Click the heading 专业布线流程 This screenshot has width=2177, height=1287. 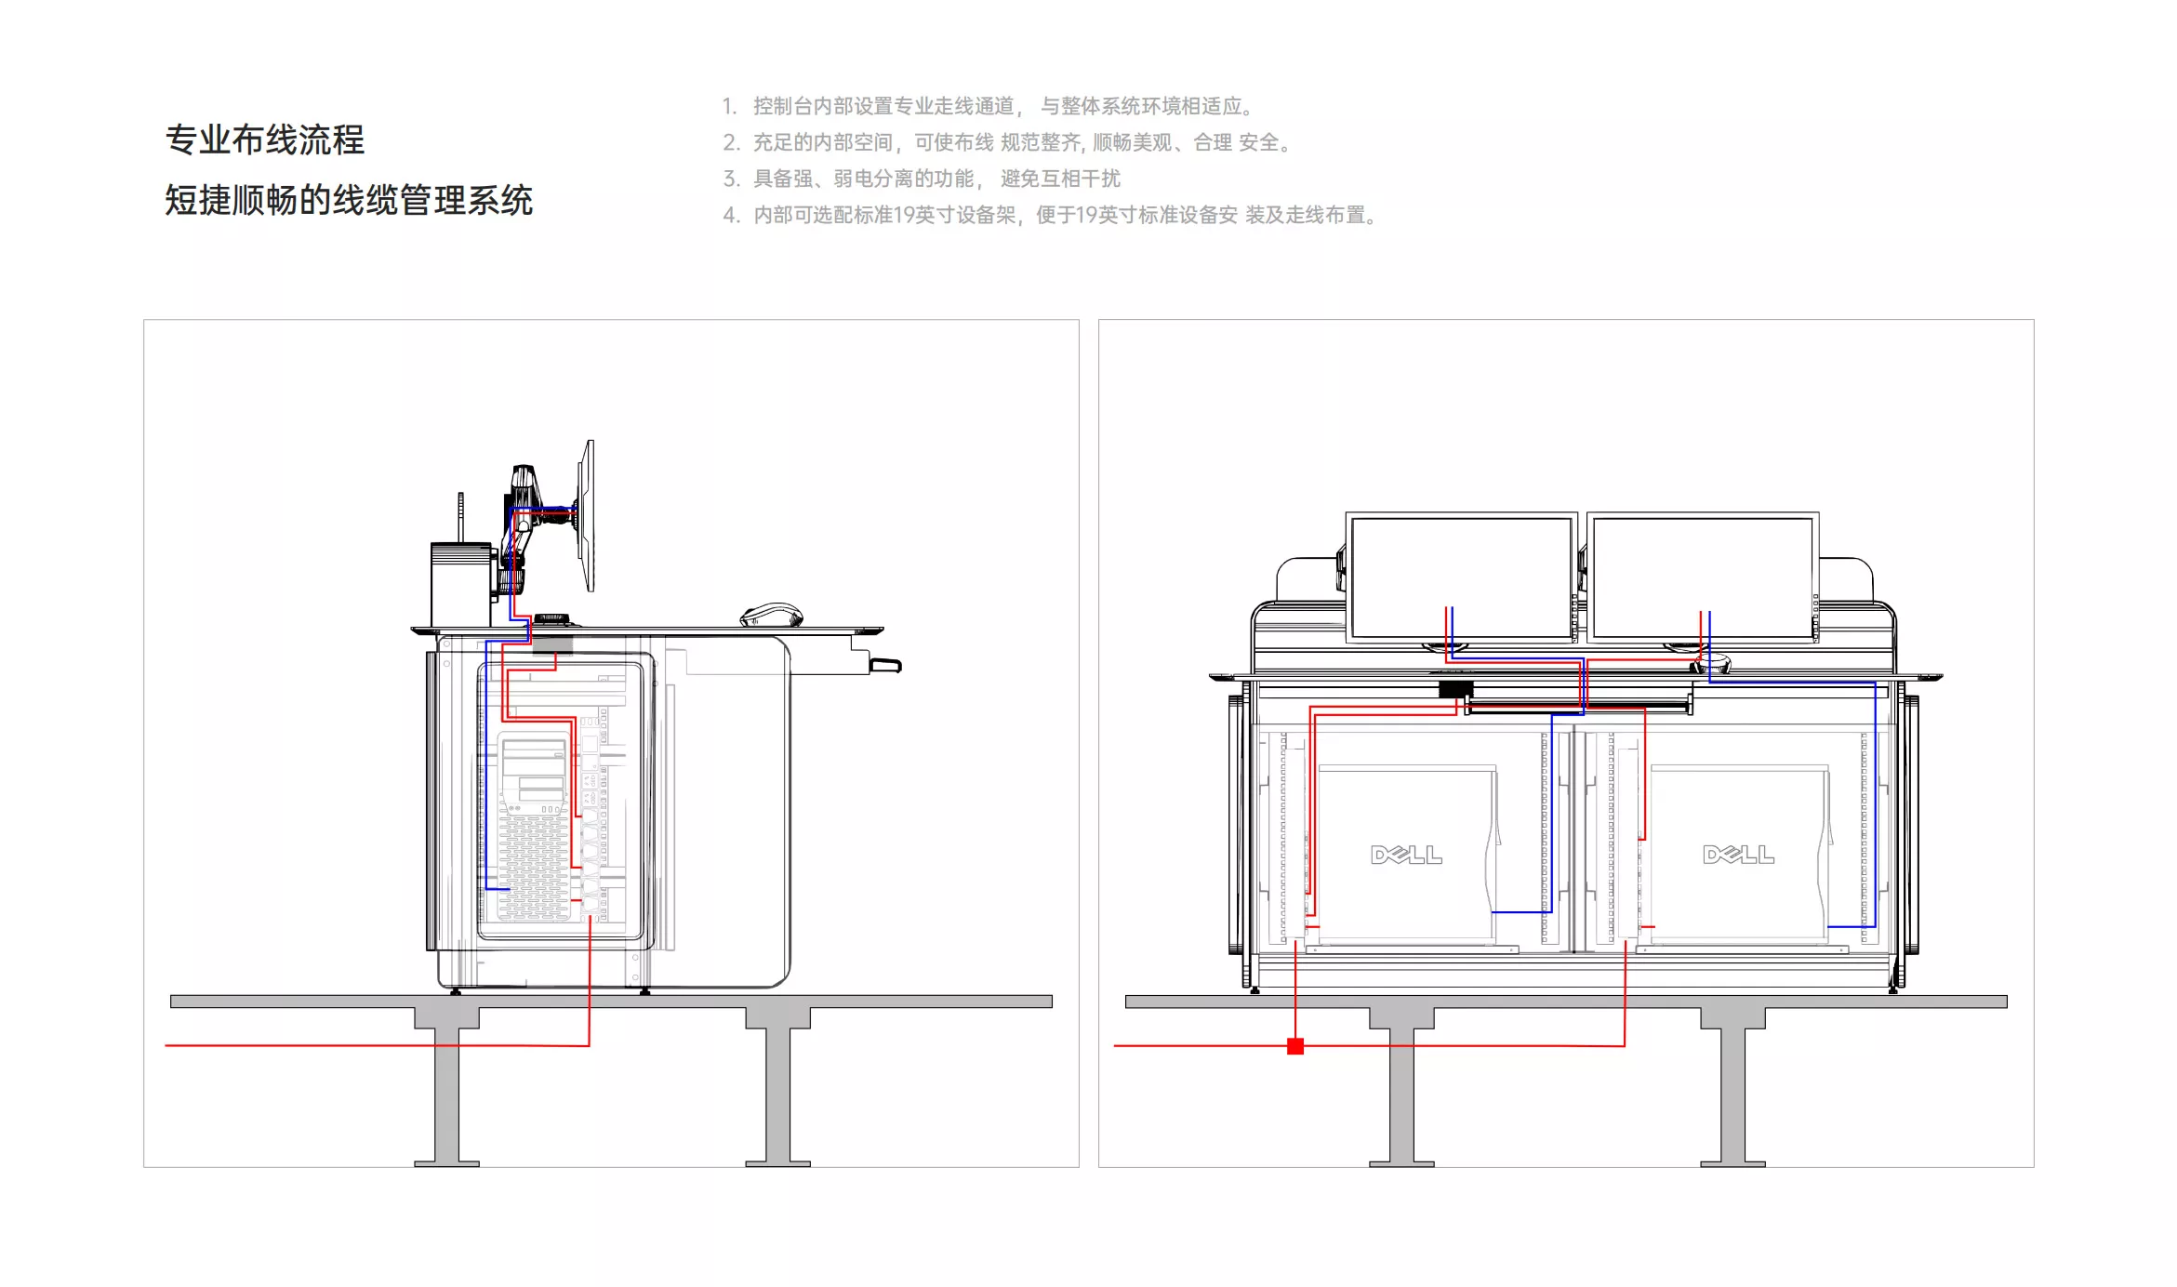click(x=265, y=139)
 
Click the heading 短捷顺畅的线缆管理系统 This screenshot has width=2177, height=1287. click(x=349, y=200)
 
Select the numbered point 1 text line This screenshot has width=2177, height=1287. click(x=989, y=106)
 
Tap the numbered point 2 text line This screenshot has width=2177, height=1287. click(x=1008, y=142)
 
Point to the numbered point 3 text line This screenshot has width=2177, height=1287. click(x=922, y=179)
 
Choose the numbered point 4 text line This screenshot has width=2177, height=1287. click(x=1051, y=215)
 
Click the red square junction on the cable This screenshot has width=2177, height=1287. click(x=1295, y=1046)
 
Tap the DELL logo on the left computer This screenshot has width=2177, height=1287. click(x=1406, y=855)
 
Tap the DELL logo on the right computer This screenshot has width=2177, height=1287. click(x=1738, y=855)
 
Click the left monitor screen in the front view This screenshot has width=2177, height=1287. click(x=1461, y=577)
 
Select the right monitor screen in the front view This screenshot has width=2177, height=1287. click(x=1703, y=577)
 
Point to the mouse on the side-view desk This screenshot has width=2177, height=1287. click(x=771, y=616)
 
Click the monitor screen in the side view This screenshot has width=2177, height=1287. click(x=587, y=515)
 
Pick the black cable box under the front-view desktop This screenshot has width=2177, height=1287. click(x=1455, y=690)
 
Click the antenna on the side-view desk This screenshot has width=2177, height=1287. click(x=460, y=518)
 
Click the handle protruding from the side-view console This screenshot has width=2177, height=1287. click(x=885, y=665)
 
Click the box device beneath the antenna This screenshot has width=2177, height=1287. click(x=461, y=585)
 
